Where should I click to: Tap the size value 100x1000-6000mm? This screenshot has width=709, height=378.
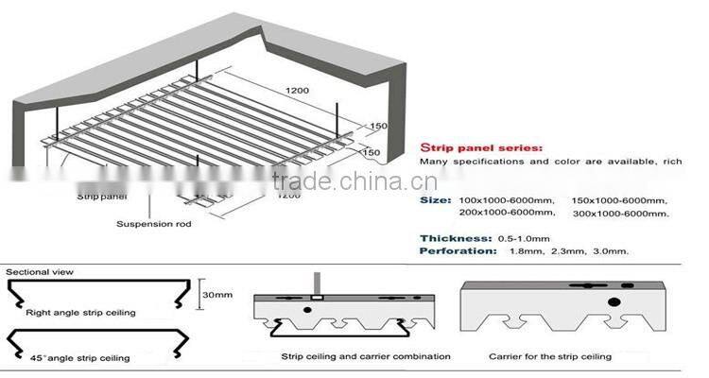505,201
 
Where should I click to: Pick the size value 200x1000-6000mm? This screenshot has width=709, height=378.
505,214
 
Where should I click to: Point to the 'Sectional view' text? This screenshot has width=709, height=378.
40,272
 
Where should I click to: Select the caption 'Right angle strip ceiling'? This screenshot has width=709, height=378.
81,311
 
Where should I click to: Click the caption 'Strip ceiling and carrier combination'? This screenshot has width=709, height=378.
365,356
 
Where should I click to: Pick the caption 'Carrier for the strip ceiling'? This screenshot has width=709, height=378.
549,356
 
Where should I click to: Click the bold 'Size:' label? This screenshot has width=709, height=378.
435,201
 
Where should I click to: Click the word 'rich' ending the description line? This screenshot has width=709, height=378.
672,163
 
